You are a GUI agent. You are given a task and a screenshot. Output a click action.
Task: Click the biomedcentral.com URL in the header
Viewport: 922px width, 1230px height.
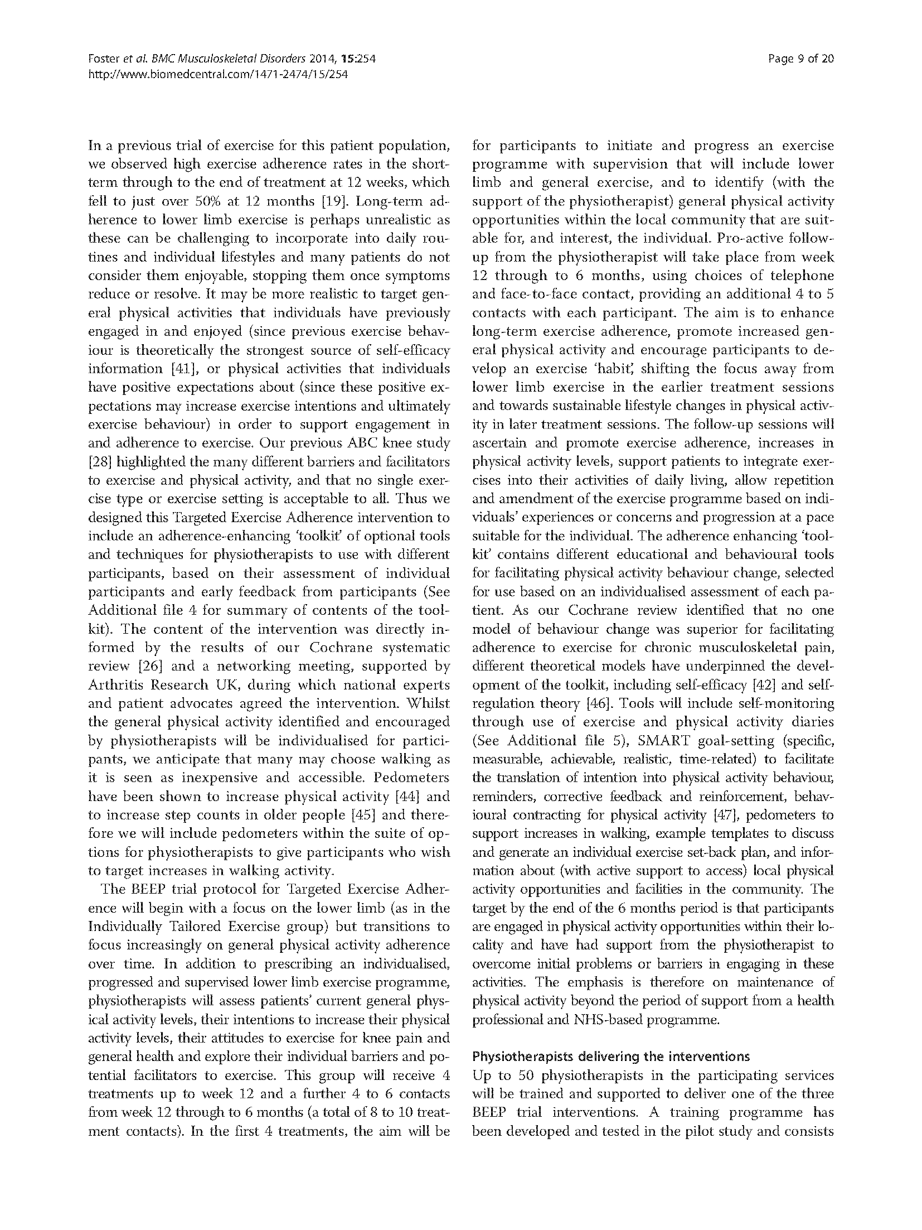[219, 74]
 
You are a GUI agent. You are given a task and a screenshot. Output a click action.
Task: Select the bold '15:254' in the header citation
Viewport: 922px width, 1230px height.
[351, 59]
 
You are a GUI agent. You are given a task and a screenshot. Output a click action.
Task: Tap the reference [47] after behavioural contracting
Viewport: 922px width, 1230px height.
[726, 815]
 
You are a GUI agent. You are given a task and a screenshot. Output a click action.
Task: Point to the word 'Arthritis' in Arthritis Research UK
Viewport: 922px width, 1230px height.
[115, 685]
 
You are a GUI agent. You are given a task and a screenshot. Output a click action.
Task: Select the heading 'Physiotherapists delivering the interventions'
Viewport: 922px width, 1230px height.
[611, 1057]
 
